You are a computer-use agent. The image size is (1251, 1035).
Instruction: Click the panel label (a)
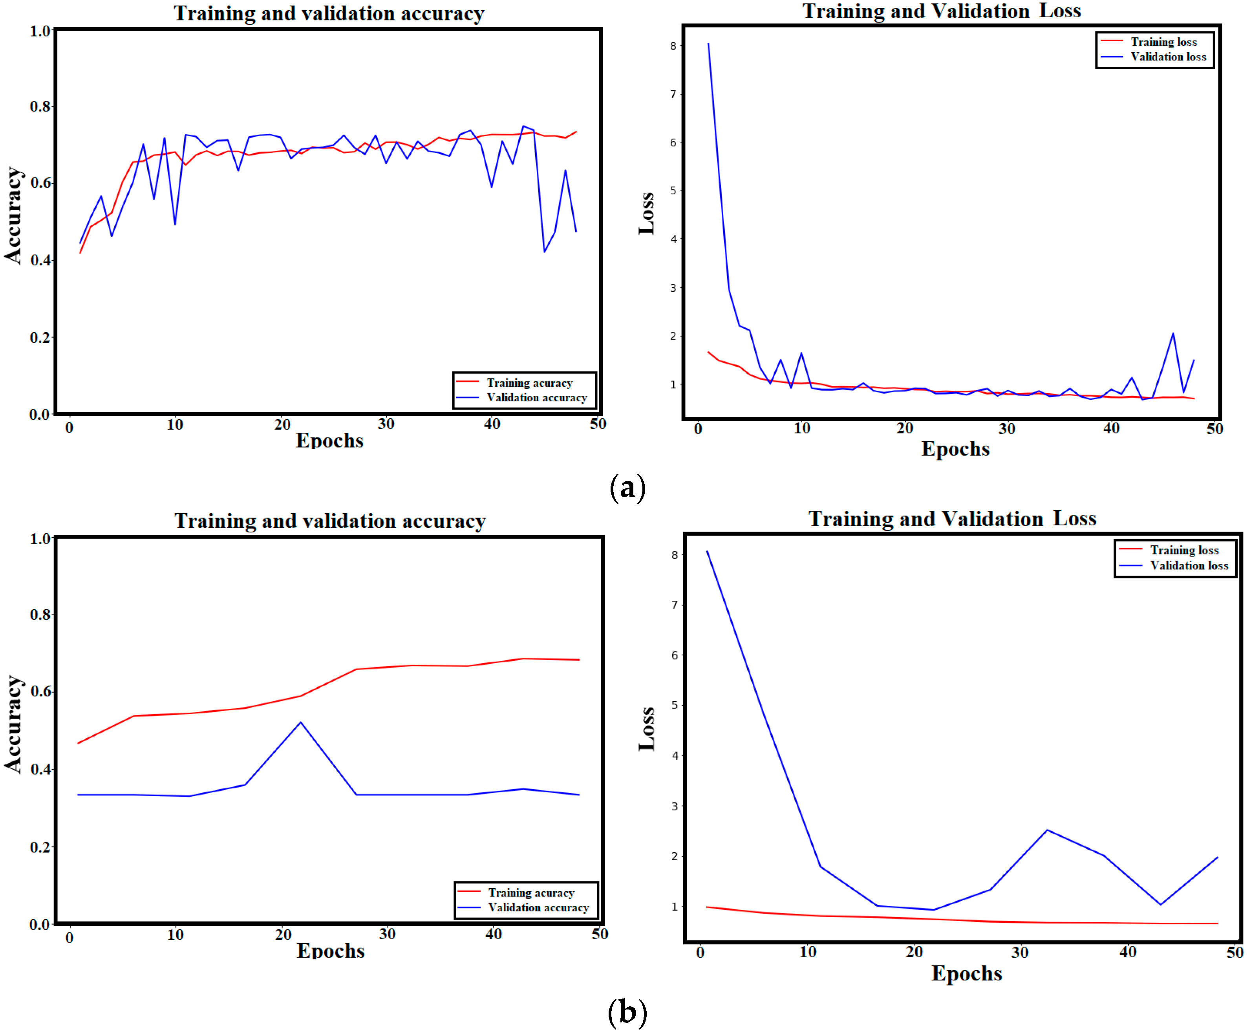(x=627, y=488)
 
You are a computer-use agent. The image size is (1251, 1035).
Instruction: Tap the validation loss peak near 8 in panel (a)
(x=708, y=44)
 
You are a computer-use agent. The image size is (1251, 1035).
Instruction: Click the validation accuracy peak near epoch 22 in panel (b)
(x=301, y=723)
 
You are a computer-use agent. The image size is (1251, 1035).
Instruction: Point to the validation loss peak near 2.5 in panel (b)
(x=1047, y=830)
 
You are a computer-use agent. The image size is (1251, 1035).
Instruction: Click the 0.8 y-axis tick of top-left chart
(x=40, y=107)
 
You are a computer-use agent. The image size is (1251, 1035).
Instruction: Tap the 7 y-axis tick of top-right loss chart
(x=673, y=93)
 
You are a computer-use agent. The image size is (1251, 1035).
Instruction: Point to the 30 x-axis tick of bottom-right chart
(x=1020, y=952)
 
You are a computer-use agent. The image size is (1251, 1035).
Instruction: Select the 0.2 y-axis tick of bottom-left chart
(x=40, y=847)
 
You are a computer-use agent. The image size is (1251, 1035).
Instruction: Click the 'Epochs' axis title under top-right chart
(x=955, y=449)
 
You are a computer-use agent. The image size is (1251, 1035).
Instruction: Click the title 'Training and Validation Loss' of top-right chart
(x=941, y=11)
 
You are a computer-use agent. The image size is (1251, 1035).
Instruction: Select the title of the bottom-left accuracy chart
(x=329, y=521)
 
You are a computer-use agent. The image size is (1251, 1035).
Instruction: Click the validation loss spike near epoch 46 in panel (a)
(x=1173, y=334)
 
